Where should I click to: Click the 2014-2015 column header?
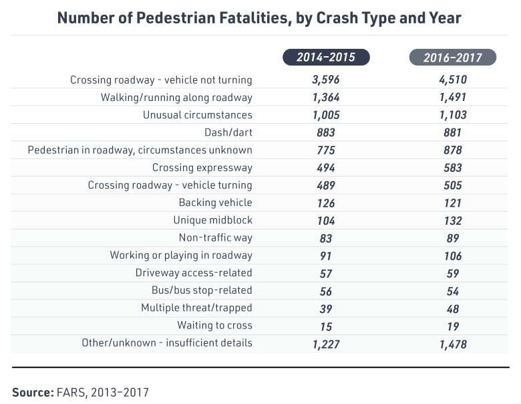tap(327, 58)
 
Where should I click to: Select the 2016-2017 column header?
tap(452, 58)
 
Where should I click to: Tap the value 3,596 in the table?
tap(327, 80)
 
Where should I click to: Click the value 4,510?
tap(452, 80)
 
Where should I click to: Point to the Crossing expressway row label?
tap(202, 167)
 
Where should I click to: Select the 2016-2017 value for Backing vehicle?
tap(452, 203)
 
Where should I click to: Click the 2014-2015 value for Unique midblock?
tap(327, 220)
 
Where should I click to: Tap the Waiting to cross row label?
tap(214, 325)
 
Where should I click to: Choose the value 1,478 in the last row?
tap(452, 343)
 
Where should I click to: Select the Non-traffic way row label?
tap(215, 237)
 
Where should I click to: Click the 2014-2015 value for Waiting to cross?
tap(327, 326)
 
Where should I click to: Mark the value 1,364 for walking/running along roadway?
tap(327, 98)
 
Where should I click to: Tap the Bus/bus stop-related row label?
tap(202, 290)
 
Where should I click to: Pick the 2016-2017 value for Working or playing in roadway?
tap(452, 256)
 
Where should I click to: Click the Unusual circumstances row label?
tap(198, 115)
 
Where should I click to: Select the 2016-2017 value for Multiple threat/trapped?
tap(452, 308)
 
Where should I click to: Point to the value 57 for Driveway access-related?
tap(327, 273)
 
